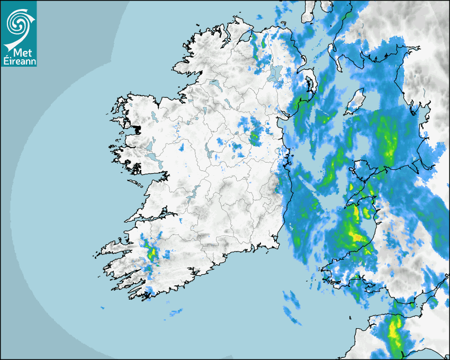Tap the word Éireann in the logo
(19, 61)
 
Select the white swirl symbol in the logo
(19, 24)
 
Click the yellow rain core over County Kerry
(153, 253)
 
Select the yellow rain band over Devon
(394, 334)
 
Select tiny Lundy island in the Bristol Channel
(350, 317)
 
